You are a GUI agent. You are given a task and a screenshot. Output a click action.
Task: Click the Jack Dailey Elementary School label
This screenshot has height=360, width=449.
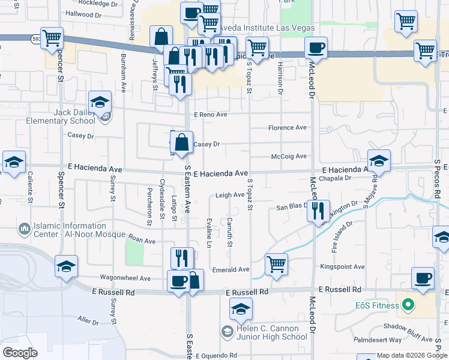[x=61, y=116]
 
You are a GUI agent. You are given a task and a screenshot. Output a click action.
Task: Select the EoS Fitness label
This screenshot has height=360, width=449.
[x=376, y=305]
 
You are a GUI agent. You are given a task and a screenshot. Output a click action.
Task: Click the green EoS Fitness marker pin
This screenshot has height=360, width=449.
[x=408, y=305]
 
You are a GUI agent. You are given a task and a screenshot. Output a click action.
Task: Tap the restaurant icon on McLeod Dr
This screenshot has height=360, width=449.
[x=318, y=211]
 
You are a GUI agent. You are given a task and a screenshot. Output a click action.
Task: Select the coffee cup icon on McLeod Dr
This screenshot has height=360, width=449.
[x=316, y=47]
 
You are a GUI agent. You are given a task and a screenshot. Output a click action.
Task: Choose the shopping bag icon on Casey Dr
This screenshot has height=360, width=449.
[x=182, y=143]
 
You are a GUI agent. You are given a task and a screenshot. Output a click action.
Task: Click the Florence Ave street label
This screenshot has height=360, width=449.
[x=287, y=128]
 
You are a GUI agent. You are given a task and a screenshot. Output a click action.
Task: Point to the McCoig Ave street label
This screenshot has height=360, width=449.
[x=289, y=157]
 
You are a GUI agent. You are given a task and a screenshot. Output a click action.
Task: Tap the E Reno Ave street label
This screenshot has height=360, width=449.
[x=210, y=114]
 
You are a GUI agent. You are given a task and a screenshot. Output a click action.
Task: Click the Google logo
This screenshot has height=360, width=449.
[x=20, y=353]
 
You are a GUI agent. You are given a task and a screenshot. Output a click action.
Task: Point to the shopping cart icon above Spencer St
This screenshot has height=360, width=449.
[x=52, y=38]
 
